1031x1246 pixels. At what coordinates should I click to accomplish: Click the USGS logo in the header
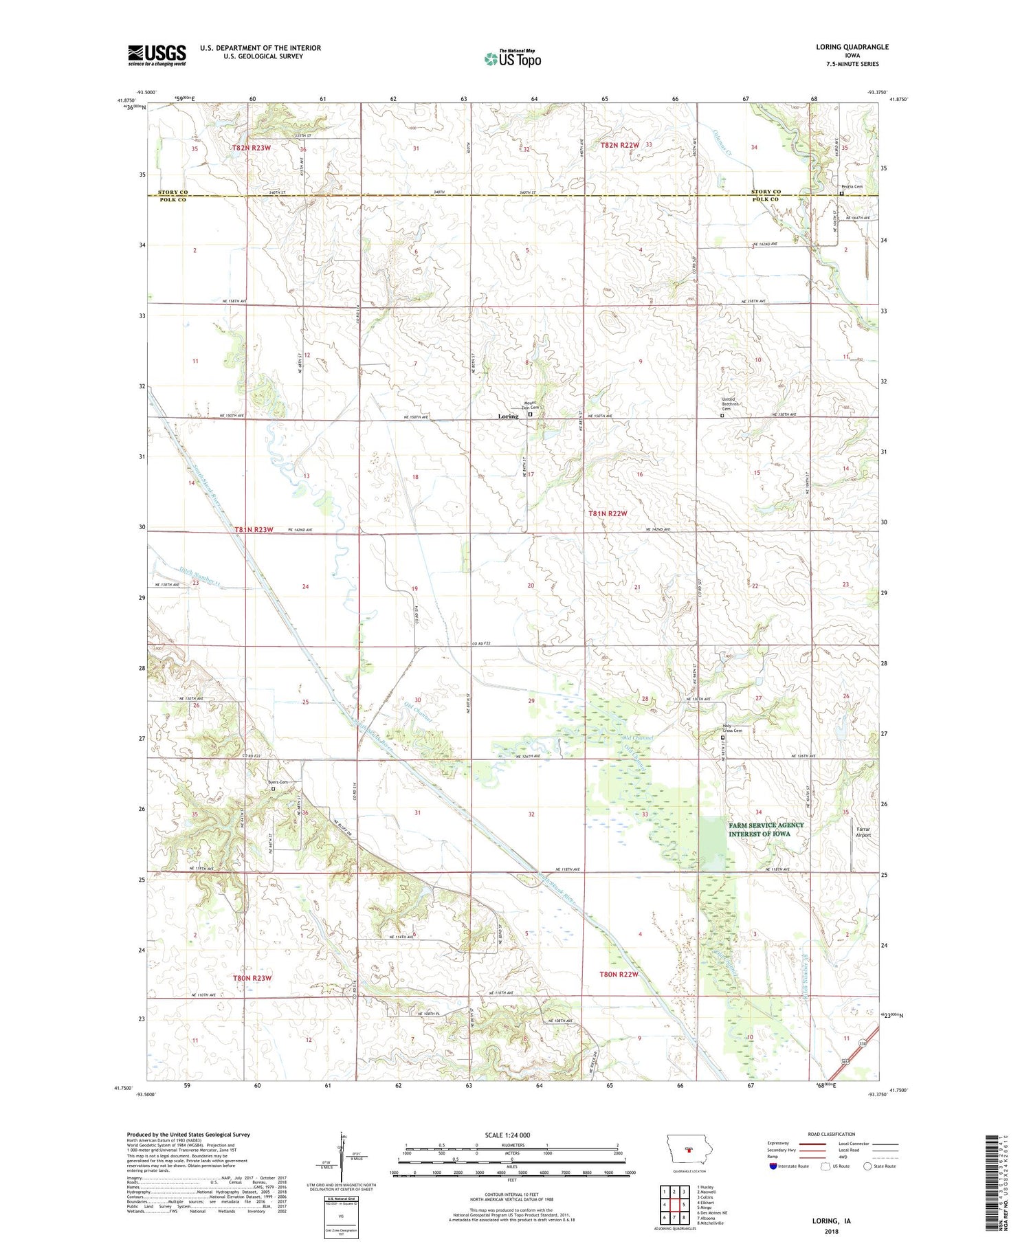pyautogui.click(x=157, y=55)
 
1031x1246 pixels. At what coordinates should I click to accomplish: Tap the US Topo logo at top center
pyautogui.click(x=512, y=58)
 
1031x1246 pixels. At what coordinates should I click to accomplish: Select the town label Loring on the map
pyautogui.click(x=508, y=416)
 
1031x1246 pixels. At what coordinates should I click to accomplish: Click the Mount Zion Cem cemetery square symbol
pyautogui.click(x=530, y=415)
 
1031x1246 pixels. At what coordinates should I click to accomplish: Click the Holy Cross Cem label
pyautogui.click(x=733, y=729)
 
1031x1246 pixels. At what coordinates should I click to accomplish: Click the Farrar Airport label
pyautogui.click(x=863, y=832)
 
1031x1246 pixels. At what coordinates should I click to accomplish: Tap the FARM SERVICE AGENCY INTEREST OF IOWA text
pyautogui.click(x=766, y=830)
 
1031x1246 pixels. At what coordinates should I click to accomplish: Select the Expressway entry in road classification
pyautogui.click(x=781, y=1144)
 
